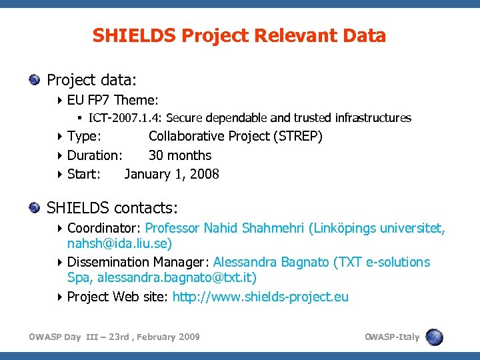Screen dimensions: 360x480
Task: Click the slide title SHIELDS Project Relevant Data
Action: click(x=239, y=35)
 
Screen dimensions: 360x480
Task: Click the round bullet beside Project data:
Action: click(x=35, y=81)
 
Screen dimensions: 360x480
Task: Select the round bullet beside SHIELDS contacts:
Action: click(x=35, y=209)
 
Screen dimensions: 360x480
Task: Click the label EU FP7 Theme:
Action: click(x=113, y=100)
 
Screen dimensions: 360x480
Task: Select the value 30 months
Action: click(x=179, y=155)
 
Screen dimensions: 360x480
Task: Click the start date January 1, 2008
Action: click(x=171, y=174)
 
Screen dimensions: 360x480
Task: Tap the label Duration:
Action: click(x=95, y=155)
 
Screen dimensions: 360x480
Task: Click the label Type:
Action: click(x=85, y=137)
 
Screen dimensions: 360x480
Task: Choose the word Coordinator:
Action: click(x=104, y=228)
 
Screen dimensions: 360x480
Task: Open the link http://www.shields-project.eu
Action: click(x=260, y=297)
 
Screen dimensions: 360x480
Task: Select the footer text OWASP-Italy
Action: click(x=392, y=337)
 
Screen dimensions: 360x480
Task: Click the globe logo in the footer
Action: click(x=434, y=337)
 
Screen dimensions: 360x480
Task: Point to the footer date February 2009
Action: click(x=166, y=337)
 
